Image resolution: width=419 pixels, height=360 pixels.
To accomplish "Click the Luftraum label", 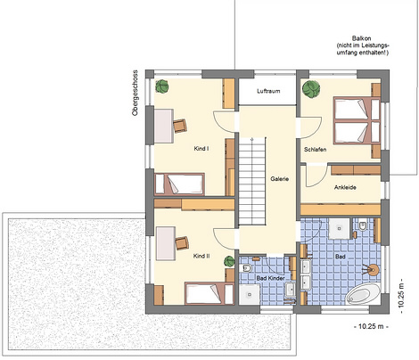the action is coord(268,91).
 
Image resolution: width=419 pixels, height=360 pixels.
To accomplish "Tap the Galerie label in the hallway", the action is coord(280,179).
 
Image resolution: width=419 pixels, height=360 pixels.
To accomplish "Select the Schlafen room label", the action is coord(316,150).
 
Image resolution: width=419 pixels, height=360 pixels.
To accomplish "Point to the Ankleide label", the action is coord(345,187).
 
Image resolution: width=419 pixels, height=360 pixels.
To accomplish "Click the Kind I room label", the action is coord(201,149).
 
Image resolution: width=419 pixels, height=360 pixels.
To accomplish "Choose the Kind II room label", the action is coord(201,256).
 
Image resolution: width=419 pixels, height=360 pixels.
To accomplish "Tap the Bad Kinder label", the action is coord(270,278).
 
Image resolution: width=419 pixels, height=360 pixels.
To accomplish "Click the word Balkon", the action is coord(362,38).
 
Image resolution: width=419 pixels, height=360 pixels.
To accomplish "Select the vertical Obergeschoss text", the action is coord(136,93).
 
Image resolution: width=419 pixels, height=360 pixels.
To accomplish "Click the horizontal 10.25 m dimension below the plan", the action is coord(372,326).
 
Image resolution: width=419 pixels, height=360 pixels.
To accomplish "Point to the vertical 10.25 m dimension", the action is coord(401,296).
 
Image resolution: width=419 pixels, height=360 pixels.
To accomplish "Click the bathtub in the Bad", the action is coord(364,293).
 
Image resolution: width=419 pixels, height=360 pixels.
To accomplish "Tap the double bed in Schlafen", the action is coord(357,120).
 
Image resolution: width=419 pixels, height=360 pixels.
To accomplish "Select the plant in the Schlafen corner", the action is coord(311,88).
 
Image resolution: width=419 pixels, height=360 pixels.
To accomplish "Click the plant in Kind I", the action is coord(162,86).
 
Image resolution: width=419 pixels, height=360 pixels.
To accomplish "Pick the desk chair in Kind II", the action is coord(182,243).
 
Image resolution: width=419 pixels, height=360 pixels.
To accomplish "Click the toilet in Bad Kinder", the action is coord(247,268).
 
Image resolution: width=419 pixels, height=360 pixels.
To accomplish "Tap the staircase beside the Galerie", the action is coord(252,181).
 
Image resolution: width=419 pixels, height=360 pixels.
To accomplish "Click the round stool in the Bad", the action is coord(373,270).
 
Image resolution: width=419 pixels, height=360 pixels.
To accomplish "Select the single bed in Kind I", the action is coord(179,184).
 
